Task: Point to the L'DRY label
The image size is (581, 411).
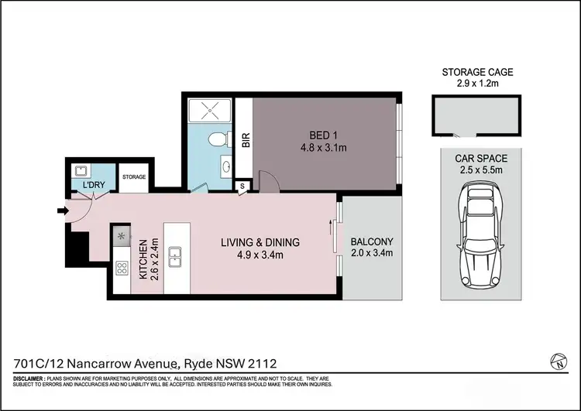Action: pyautogui.click(x=83, y=187)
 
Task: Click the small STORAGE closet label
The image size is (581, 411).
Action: pyautogui.click(x=134, y=177)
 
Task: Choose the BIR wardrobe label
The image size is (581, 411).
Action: pyautogui.click(x=245, y=142)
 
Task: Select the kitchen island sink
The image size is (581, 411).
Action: pyautogui.click(x=177, y=254)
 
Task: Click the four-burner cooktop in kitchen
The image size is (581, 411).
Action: pyautogui.click(x=122, y=269)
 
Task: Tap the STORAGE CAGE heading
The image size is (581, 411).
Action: pyautogui.click(x=477, y=72)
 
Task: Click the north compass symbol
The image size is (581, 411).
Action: pyautogui.click(x=555, y=360)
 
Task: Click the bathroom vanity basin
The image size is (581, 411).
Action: pyautogui.click(x=225, y=167)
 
